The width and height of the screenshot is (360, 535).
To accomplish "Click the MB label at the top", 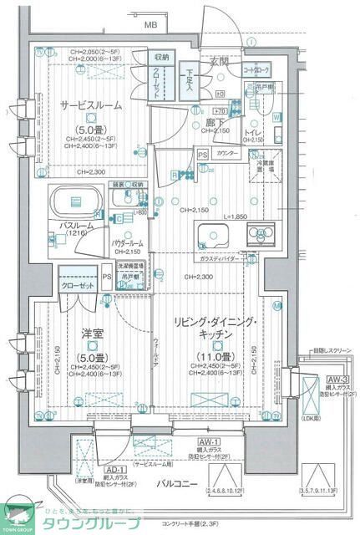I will pos(150,26).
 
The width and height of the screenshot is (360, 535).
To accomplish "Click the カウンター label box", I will pos(227,155).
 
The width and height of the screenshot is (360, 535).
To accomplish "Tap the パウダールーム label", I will pos(127,243).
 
